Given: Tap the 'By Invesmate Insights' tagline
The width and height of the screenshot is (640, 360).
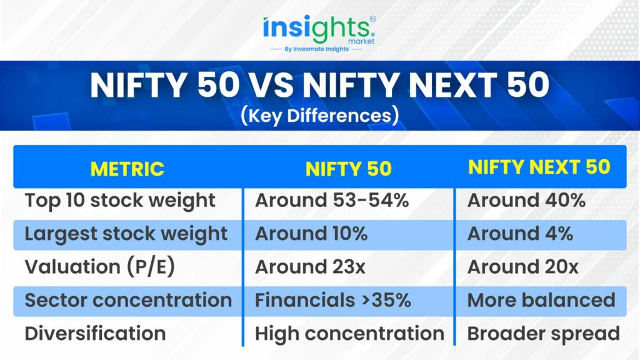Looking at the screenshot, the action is [x=317, y=49].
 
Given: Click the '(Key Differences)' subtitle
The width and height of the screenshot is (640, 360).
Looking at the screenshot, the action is [x=319, y=116].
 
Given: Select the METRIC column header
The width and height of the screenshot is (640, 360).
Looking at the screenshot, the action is [x=127, y=169].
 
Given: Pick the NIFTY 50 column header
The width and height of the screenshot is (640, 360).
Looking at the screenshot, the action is [x=349, y=169].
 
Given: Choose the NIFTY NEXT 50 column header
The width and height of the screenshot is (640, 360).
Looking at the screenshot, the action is [x=539, y=167].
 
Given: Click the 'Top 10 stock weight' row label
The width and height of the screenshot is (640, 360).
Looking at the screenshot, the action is [x=120, y=201].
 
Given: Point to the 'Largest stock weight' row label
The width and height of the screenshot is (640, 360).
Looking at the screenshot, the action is [x=126, y=234].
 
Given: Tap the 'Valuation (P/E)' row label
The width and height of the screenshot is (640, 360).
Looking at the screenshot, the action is [x=100, y=267].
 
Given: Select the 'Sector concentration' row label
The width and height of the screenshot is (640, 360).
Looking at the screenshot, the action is [x=129, y=301].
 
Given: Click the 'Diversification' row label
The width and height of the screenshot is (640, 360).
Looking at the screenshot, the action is [x=96, y=334].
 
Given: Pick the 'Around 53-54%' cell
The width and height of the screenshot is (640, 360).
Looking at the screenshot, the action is [x=332, y=201].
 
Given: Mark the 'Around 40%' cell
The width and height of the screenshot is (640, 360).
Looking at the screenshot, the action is [x=526, y=201].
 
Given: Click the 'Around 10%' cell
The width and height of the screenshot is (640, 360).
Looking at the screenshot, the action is [x=311, y=234].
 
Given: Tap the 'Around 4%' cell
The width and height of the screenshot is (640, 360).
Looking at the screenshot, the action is [x=521, y=234].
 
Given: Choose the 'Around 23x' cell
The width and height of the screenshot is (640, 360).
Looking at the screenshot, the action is [x=310, y=267].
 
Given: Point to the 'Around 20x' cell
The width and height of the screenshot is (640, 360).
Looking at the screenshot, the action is [x=523, y=267].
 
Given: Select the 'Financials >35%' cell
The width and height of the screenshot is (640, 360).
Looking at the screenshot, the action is [x=333, y=301].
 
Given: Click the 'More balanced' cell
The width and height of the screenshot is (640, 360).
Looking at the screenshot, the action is [x=542, y=301].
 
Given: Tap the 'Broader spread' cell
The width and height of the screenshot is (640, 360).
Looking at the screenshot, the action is [x=544, y=334].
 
